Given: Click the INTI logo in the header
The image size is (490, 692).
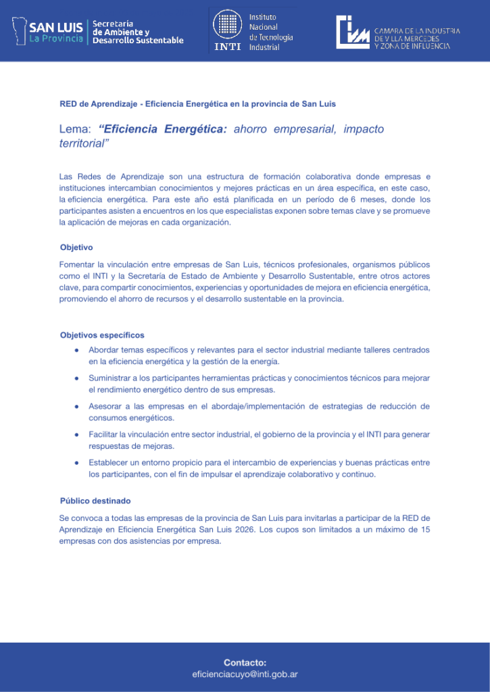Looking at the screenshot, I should click(x=228, y=30).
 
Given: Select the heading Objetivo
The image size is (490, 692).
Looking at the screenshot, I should click(x=76, y=247).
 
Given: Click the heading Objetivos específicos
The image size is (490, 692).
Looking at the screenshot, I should click(x=102, y=335).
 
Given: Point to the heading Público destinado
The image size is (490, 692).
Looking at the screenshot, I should click(x=95, y=501).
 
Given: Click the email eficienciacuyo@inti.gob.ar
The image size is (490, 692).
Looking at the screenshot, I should click(x=245, y=674).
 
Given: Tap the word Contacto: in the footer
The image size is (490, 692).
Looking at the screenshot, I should click(x=245, y=663).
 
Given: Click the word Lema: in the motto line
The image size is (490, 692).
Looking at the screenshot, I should click(x=75, y=129).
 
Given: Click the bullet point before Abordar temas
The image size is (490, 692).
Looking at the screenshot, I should click(x=78, y=350).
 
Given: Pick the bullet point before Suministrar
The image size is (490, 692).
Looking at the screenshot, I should click(x=78, y=378).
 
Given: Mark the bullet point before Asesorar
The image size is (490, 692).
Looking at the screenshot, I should click(x=78, y=407).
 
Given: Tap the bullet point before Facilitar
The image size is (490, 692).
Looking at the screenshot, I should click(x=78, y=435).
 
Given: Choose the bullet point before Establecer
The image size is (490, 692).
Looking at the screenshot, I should click(x=78, y=463).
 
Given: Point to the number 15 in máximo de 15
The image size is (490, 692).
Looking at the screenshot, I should click(x=425, y=530).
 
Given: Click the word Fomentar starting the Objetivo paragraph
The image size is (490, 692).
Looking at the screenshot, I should click(x=78, y=264).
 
